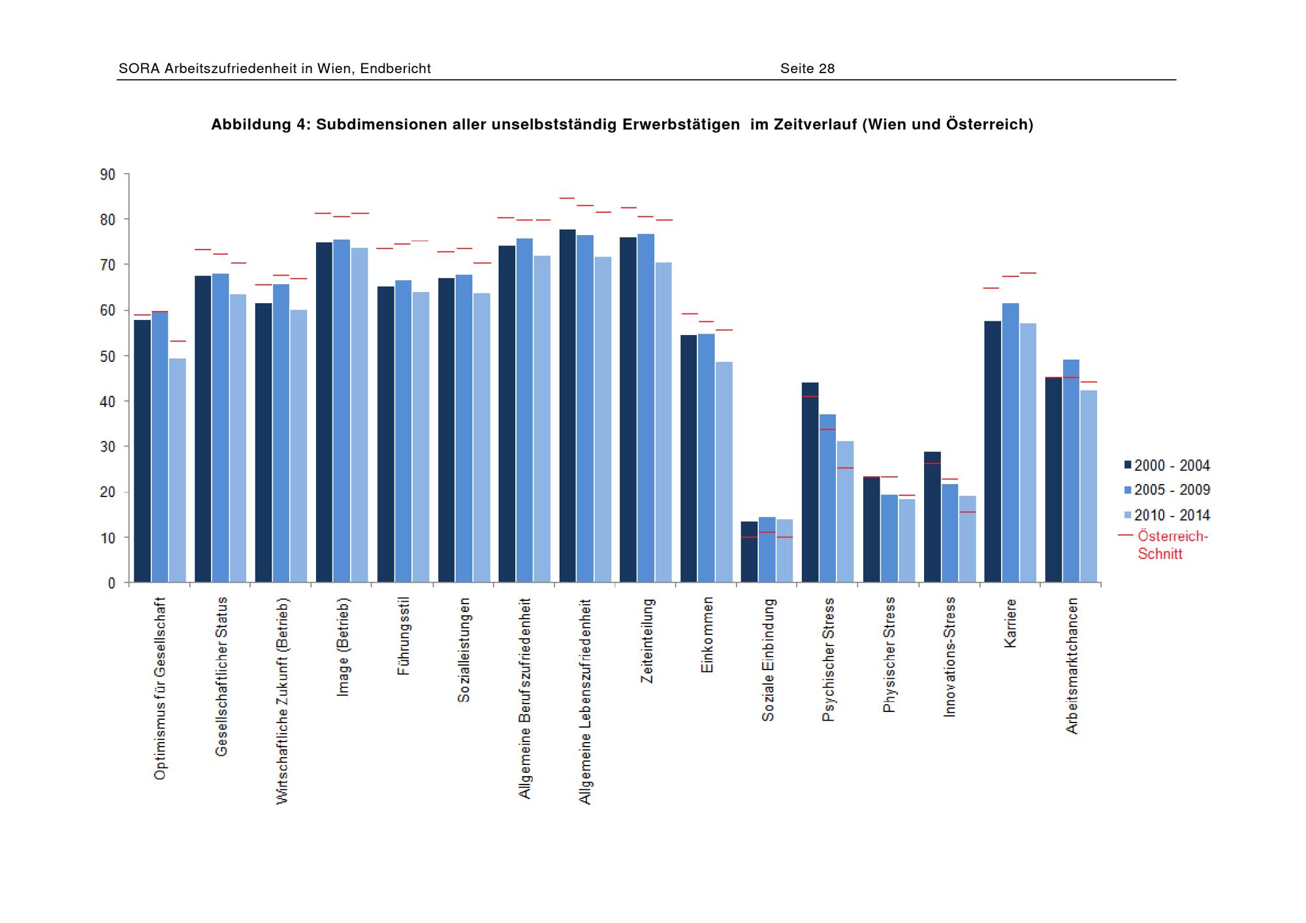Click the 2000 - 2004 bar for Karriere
[x=993, y=451]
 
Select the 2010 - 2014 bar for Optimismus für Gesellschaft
[x=178, y=470]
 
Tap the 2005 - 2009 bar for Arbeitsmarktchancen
[x=1071, y=470]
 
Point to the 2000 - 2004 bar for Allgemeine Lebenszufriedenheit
[x=567, y=405]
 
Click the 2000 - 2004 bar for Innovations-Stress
[x=932, y=517]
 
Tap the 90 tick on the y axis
[x=108, y=174]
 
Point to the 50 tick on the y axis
[x=108, y=356]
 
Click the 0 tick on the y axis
[x=112, y=583]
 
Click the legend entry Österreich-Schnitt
[x=1172, y=544]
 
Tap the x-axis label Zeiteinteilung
[x=647, y=641]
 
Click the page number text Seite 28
[x=807, y=69]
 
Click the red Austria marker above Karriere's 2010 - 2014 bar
[x=1028, y=273]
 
